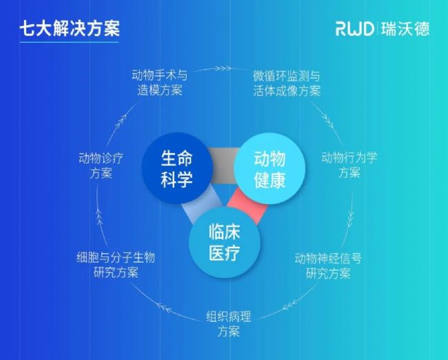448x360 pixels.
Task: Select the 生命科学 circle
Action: pos(176,169)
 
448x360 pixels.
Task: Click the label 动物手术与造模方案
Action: pos(163,82)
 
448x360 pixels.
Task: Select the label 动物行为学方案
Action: pos(349,164)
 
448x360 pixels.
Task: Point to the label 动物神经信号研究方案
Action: pos(328,266)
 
